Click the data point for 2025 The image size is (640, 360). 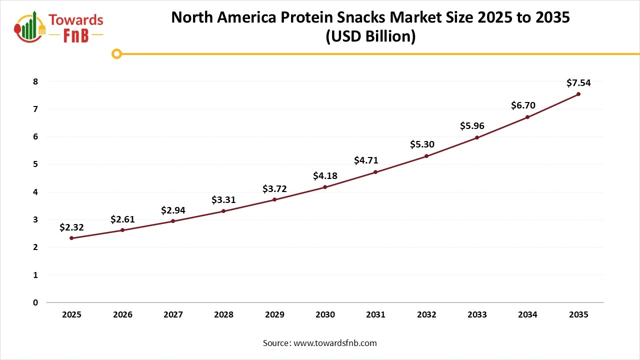[x=71, y=238]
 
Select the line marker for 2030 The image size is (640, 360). [x=325, y=187]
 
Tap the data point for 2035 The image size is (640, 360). [x=578, y=94]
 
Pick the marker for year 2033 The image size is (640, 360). [x=477, y=137]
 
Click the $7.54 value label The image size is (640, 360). [x=578, y=83]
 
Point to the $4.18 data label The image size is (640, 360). [x=325, y=176]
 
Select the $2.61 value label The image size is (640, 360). [x=122, y=219]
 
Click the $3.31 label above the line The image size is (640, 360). [x=223, y=200]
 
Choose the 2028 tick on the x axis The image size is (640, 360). [x=223, y=315]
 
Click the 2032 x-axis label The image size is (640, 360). [x=426, y=315]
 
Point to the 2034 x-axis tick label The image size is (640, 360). [x=527, y=315]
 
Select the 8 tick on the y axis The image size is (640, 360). [x=35, y=81]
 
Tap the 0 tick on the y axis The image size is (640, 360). [x=35, y=302]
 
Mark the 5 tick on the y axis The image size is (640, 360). [x=35, y=164]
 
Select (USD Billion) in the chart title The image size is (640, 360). [x=370, y=37]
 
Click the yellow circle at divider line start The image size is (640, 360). [x=116, y=53]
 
